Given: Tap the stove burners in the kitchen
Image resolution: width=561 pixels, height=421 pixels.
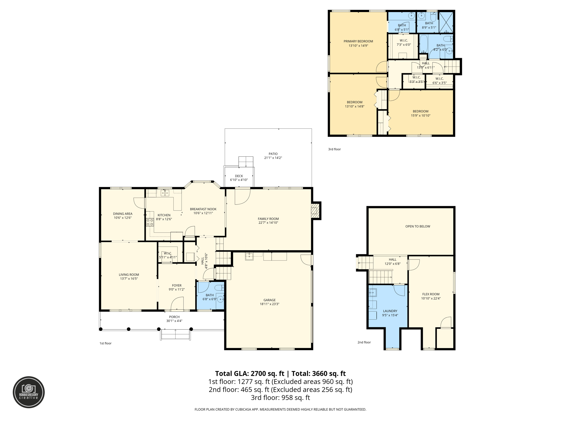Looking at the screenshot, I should [x=150, y=222].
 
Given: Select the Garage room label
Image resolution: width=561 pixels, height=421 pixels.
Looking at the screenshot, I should [x=270, y=300].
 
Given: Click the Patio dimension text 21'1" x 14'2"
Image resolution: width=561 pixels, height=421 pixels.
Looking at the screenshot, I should [x=273, y=158].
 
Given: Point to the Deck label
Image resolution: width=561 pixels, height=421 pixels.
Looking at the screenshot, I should [x=239, y=176].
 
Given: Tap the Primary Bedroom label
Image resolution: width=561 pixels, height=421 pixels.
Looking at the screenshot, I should [x=358, y=41].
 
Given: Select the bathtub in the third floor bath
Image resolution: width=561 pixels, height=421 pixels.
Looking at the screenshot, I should [x=423, y=44].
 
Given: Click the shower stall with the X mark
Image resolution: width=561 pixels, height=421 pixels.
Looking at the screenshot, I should [x=446, y=22].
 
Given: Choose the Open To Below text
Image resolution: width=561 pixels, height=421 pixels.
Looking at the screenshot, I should [x=418, y=226].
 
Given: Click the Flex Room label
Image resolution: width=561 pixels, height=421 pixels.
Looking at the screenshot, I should [x=431, y=294].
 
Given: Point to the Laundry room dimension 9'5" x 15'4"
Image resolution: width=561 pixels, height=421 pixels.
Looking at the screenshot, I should [x=390, y=315].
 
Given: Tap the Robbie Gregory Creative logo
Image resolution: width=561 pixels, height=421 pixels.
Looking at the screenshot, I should [x=29, y=392].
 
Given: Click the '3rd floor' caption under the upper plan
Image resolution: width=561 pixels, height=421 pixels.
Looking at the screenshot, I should [x=334, y=149].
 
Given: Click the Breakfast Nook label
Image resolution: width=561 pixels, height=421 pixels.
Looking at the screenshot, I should [x=203, y=209].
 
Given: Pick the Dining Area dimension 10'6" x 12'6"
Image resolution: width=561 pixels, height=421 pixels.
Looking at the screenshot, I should [x=123, y=218].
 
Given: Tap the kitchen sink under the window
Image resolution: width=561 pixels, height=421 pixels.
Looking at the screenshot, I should [x=165, y=193].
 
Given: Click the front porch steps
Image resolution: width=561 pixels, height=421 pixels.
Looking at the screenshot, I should [x=175, y=335].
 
